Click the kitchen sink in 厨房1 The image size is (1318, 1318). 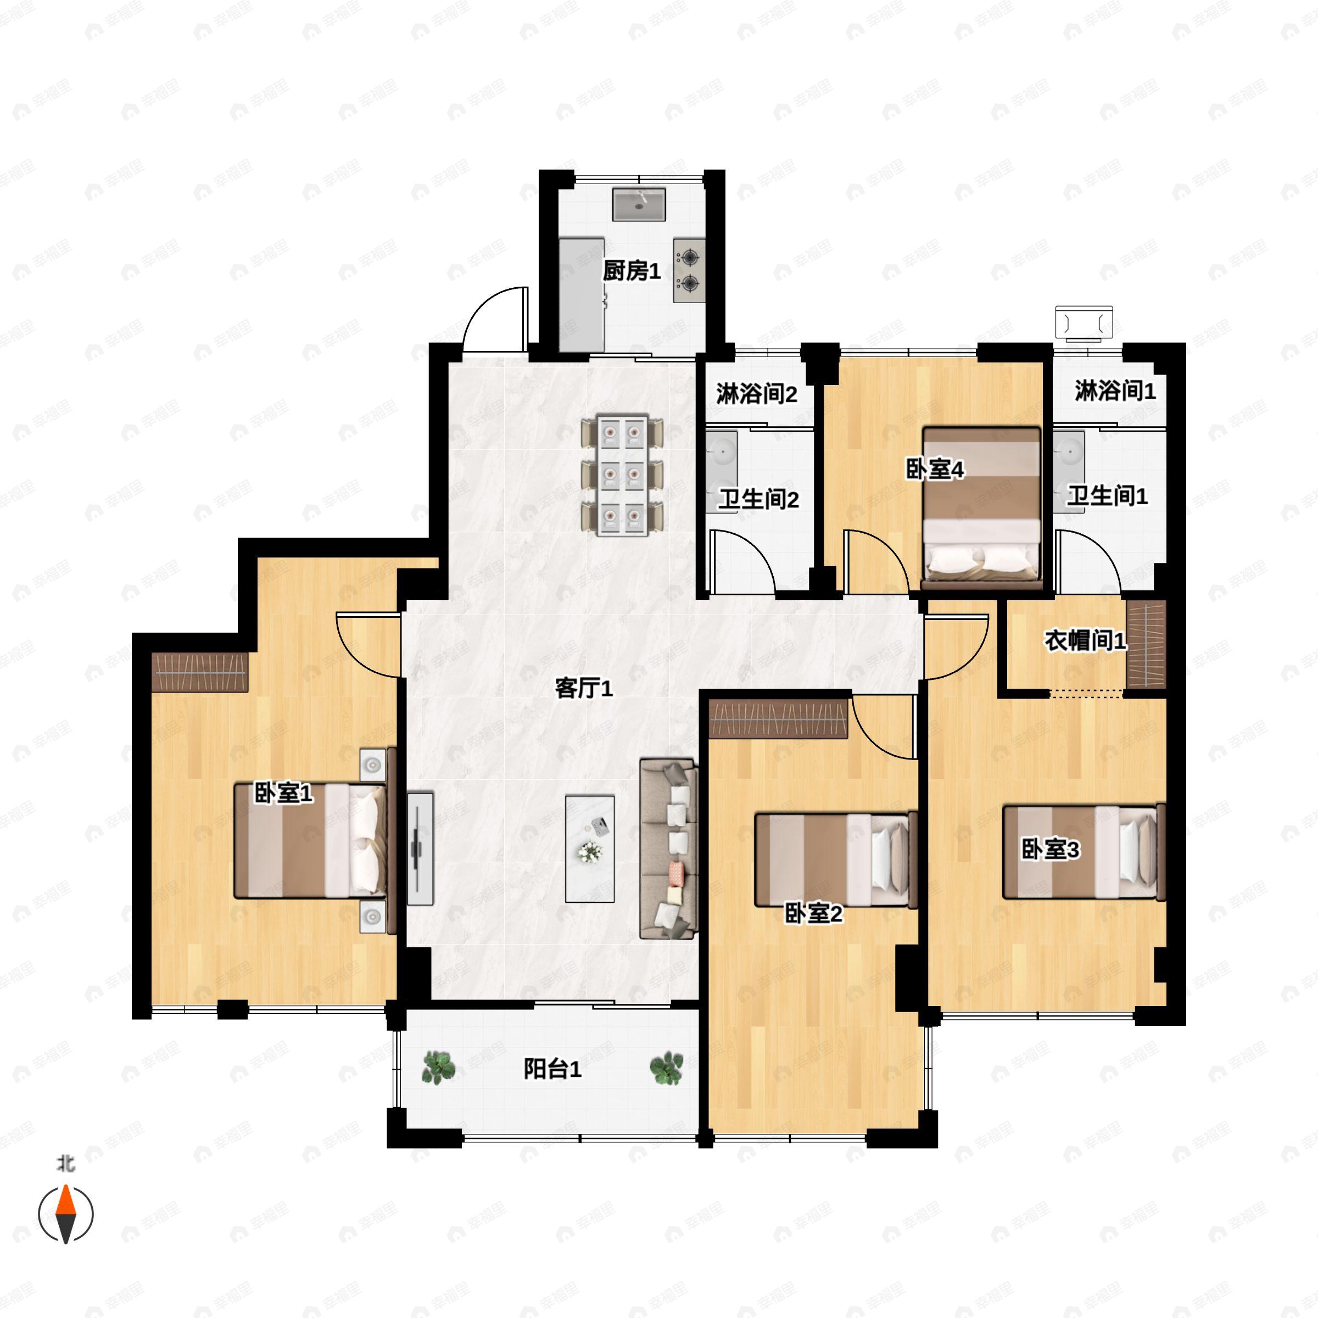[x=639, y=205]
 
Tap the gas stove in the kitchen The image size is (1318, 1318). [x=689, y=270]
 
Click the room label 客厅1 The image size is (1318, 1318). [x=584, y=688]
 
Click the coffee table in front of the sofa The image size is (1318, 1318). [x=589, y=848]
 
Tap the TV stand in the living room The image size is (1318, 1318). [x=420, y=848]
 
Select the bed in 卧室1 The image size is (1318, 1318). [x=310, y=840]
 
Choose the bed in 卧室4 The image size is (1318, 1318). [x=981, y=507]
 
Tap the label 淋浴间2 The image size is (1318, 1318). [x=757, y=394]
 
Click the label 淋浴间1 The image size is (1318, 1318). [x=1115, y=391]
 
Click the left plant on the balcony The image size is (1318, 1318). [x=439, y=1068]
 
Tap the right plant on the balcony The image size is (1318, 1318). [x=667, y=1068]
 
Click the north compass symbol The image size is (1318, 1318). [x=65, y=1214]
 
